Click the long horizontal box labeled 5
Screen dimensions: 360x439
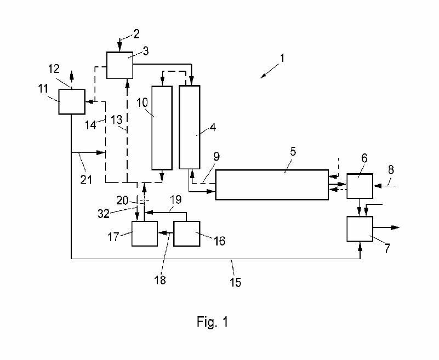pyautogui.click(x=271, y=185)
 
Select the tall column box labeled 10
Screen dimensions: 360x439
pyautogui.click(x=162, y=127)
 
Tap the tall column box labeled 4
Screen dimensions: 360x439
pyautogui.click(x=190, y=127)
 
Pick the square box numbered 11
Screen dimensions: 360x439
pyautogui.click(x=71, y=102)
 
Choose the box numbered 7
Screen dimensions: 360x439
pyautogui.click(x=360, y=228)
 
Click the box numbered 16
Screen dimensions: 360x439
pyautogui.click(x=186, y=234)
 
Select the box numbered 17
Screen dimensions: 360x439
pyautogui.click(x=144, y=234)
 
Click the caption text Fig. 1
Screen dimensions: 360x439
pyautogui.click(x=212, y=322)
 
